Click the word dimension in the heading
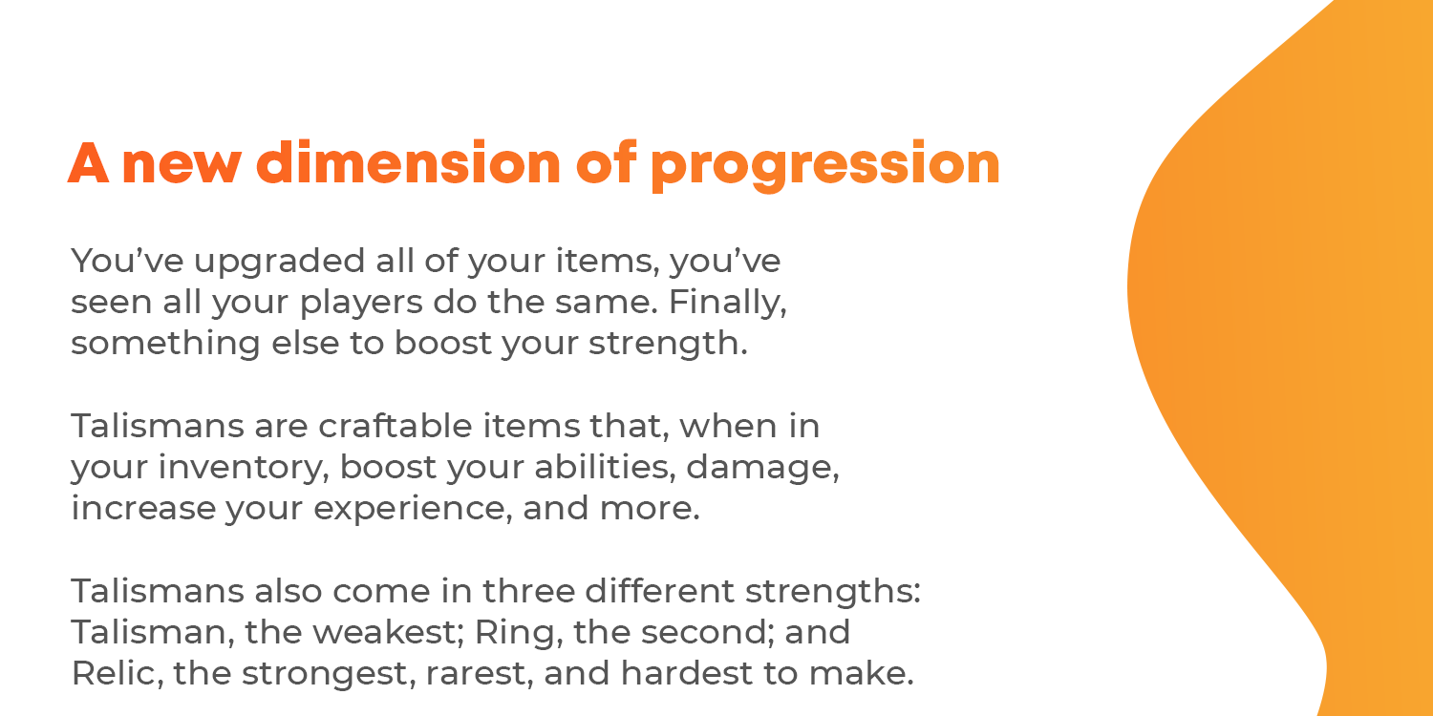coord(408,162)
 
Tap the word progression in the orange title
coord(825,165)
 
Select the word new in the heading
coord(182,166)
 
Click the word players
coord(361,303)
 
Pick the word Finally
coord(727,303)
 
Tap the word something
coord(165,344)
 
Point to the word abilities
coord(605,468)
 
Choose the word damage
coord(762,468)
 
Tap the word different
coord(659,590)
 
